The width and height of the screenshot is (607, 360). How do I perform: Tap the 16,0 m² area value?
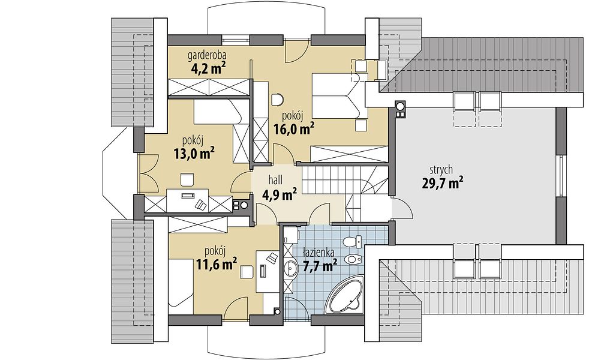[x=294, y=128]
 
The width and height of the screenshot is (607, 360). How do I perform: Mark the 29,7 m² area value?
[x=442, y=182]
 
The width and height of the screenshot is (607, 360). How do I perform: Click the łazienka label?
[x=318, y=253]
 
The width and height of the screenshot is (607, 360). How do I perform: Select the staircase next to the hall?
[x=344, y=192]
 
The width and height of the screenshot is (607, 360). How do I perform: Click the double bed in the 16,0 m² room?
[x=341, y=97]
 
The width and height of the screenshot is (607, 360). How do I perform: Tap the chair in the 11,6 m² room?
[x=247, y=271]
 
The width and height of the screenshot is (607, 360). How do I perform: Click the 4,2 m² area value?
[x=208, y=68]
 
